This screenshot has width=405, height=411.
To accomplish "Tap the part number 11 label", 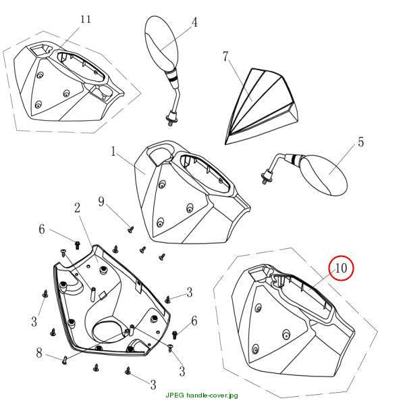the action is pos(86,20).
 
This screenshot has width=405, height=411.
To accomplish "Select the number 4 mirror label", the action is pos(194,22).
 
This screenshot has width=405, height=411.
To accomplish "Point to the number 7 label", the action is pos(225,57).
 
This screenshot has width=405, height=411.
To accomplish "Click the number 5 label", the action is pos(361,142).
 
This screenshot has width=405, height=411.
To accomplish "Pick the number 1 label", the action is pos(113,151).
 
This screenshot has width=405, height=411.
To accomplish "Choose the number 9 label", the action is pos(101,202).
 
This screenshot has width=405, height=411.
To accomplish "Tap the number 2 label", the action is pos(77,208).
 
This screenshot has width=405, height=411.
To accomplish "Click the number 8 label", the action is pos(39,352).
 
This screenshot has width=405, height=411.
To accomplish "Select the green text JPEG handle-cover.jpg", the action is pos(202,395).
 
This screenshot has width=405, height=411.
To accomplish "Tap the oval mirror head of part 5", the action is pos(324,175).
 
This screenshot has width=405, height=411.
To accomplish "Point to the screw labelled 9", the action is pos(130,229).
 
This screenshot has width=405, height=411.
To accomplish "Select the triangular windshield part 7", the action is pos(261,106).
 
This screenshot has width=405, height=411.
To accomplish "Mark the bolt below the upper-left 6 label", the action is pos(77,246).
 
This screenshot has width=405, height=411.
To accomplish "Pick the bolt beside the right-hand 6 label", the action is pos(175,335).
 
